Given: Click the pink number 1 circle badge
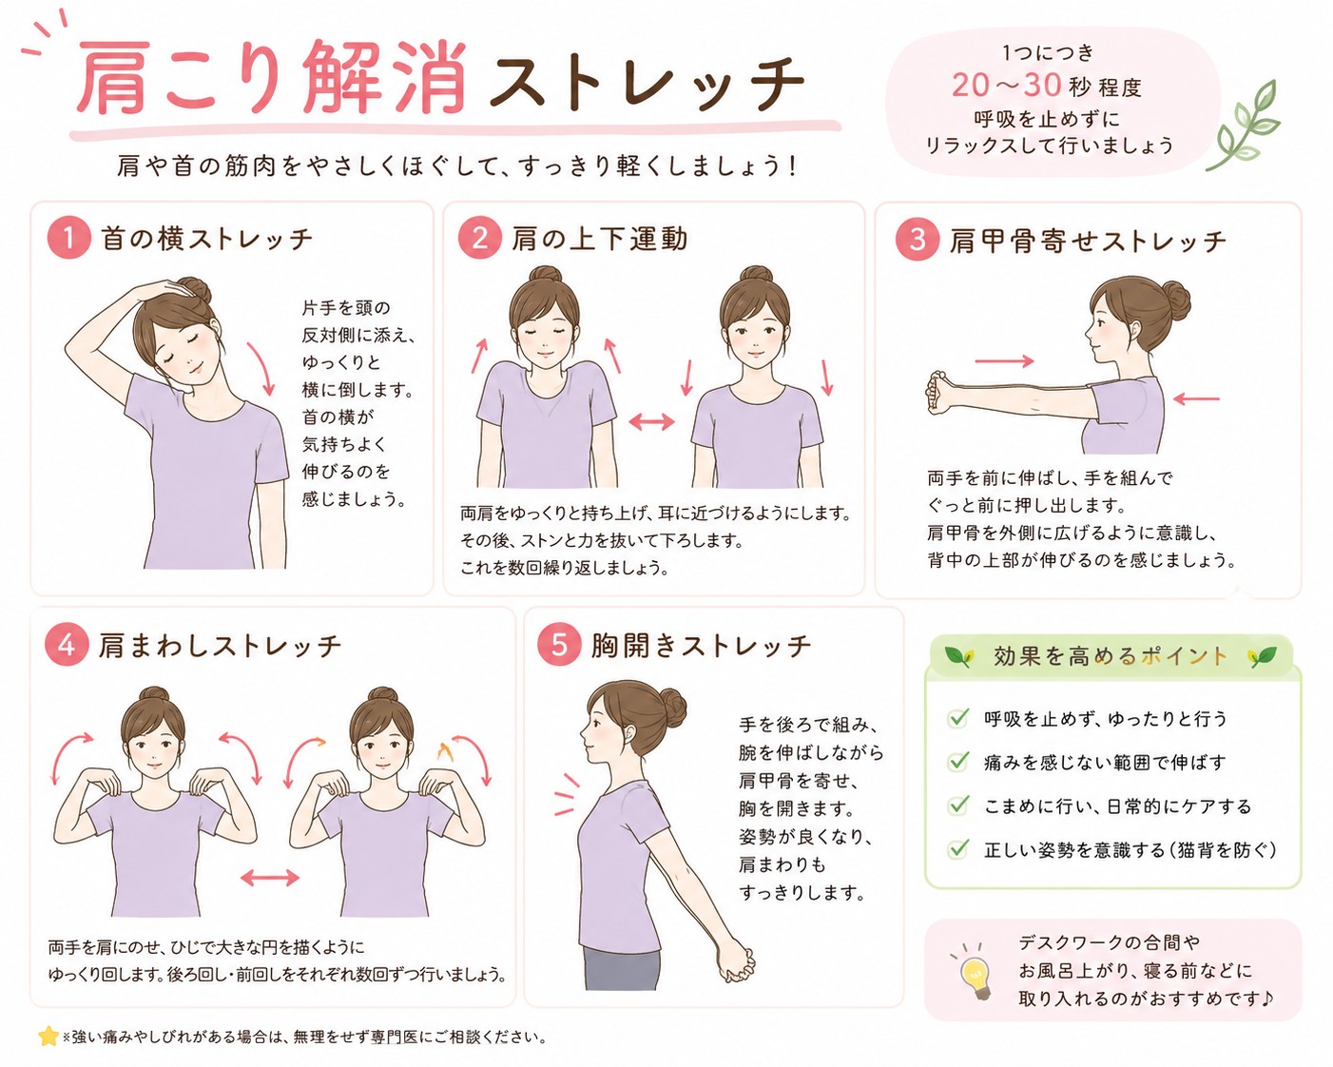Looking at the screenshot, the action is click(68, 238).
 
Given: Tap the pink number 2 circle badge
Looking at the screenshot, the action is click(479, 238).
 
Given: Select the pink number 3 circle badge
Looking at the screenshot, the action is click(918, 239).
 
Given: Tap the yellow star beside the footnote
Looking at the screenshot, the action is click(48, 1036).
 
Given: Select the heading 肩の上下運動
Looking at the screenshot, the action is click(599, 239).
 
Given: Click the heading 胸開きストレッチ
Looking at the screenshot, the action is click(701, 645).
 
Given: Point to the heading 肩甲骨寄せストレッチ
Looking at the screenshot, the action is click(1088, 241).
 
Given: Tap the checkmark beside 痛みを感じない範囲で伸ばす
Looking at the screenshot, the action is click(958, 761).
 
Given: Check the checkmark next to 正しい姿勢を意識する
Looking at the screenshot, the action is click(958, 847).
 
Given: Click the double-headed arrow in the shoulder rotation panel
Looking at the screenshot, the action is click(270, 877).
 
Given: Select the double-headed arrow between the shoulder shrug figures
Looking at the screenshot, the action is click(651, 422).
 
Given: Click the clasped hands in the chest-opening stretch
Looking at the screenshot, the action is click(736, 963).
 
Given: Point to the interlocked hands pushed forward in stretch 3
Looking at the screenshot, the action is click(939, 394).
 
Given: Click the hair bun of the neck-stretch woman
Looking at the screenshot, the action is click(193, 293).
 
